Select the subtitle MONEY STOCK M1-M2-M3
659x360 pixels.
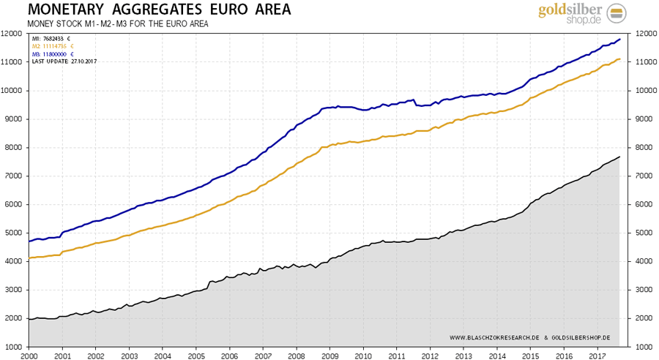click(x=118, y=24)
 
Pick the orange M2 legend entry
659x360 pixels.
click(x=52, y=46)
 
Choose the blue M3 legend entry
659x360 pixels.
click(x=52, y=53)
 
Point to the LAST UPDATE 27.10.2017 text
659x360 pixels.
click(x=64, y=61)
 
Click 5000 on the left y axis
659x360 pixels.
click(x=12, y=233)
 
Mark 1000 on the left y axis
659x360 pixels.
click(x=12, y=347)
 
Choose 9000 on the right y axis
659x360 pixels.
click(x=647, y=119)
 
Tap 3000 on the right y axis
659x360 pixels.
click(x=647, y=290)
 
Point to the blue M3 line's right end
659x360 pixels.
click(x=620, y=40)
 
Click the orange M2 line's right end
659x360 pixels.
click(x=620, y=59)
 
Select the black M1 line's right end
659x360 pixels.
click(x=620, y=157)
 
